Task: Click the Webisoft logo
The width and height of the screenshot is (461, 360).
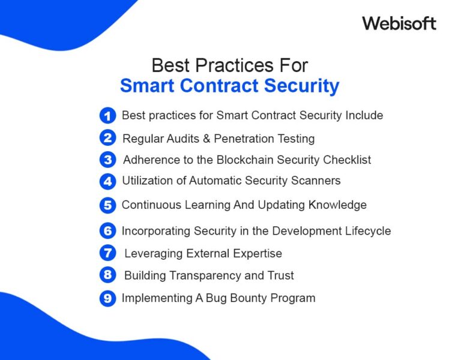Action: (399, 23)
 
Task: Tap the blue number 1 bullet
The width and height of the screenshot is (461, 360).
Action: (107, 116)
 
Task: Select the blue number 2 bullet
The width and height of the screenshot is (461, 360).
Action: (107, 139)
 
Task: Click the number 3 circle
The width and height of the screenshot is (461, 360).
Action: (107, 160)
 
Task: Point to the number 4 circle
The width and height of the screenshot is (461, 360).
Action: (107, 181)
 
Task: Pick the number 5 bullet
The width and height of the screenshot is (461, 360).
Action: (107, 205)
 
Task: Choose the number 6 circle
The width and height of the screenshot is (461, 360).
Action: (107, 231)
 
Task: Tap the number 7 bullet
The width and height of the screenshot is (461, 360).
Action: (107, 253)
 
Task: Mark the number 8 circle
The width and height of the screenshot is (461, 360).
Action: (107, 275)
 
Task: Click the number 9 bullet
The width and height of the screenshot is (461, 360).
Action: (107, 298)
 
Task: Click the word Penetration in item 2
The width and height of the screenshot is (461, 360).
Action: (243, 139)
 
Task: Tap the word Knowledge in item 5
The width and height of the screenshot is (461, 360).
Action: (337, 205)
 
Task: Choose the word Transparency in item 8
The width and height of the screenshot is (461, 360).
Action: (211, 276)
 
